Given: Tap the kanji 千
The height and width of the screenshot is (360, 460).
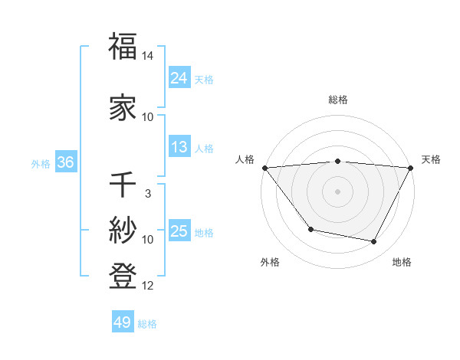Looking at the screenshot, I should click(123, 185).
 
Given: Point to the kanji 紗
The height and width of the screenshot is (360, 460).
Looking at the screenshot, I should click(123, 230).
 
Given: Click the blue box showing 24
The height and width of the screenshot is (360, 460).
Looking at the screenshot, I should click(179, 77).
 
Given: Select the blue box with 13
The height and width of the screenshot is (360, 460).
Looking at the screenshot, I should click(179, 147).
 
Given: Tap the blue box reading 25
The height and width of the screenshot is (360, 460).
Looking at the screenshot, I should click(179, 231).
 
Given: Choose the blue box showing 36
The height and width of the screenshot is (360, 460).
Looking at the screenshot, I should click(65, 162).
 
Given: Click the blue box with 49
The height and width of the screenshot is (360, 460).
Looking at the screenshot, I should click(122, 322).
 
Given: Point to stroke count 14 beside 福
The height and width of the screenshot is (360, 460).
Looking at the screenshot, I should click(148, 56).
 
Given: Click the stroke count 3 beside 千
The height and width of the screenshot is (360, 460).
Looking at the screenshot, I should click(148, 194).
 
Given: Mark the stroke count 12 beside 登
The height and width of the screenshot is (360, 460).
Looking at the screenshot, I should click(148, 286).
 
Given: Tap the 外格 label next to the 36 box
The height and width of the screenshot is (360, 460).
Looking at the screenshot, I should click(41, 163).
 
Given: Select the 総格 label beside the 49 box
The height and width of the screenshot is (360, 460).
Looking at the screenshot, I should click(147, 324).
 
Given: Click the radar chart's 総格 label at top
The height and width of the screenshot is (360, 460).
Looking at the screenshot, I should click(337, 100).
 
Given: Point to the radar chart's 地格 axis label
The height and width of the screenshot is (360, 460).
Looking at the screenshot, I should click(402, 262).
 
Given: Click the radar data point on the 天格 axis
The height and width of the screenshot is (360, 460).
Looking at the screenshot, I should click(411, 168).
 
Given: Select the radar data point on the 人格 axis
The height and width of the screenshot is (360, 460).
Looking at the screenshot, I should click(264, 168).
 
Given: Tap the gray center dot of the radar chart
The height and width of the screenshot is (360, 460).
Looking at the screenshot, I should click(337, 191).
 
